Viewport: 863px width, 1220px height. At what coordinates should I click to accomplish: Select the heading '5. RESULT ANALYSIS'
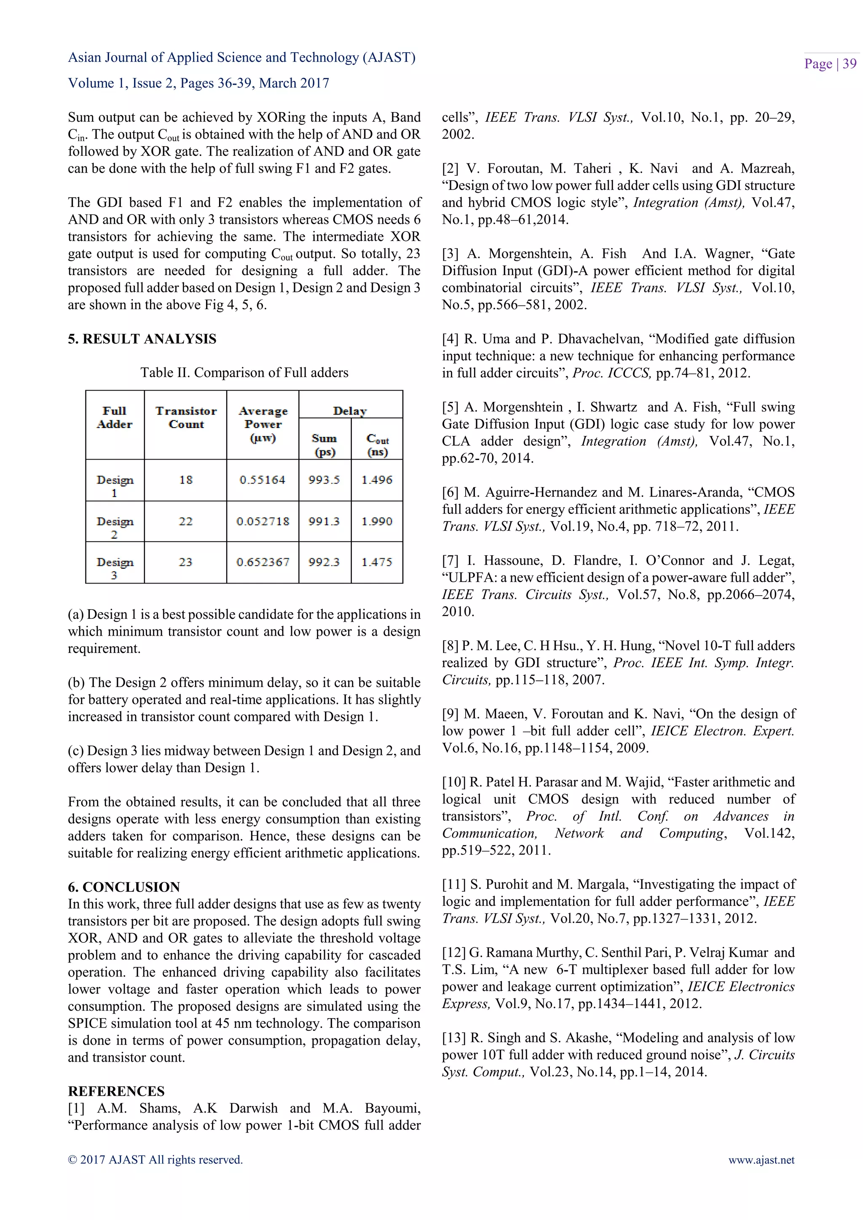click(x=142, y=339)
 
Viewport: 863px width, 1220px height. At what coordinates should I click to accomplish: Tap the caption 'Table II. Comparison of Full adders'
click(x=244, y=372)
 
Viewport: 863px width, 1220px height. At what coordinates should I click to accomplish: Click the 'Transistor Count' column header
click(x=185, y=417)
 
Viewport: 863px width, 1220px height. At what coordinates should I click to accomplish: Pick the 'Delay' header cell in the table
click(x=350, y=411)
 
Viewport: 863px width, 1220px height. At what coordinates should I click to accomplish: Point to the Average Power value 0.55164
click(x=263, y=480)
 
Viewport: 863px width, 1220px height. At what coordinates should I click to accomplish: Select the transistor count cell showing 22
click(x=185, y=521)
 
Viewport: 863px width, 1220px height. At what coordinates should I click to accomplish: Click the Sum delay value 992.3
click(x=324, y=562)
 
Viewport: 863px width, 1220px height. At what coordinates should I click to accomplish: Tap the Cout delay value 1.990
click(x=377, y=521)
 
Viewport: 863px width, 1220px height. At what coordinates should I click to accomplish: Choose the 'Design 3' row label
click(x=115, y=568)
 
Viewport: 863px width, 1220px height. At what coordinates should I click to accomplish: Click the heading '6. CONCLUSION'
click(x=124, y=887)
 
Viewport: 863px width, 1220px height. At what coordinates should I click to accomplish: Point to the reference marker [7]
click(x=450, y=561)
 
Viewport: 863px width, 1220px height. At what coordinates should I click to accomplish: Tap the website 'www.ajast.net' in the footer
click(x=761, y=1160)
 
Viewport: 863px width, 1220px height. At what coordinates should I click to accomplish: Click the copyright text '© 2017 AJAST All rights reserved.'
click(x=155, y=1160)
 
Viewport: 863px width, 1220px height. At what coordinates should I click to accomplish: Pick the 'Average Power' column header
click(x=263, y=424)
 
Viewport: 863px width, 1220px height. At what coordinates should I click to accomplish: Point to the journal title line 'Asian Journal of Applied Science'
click(x=241, y=57)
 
